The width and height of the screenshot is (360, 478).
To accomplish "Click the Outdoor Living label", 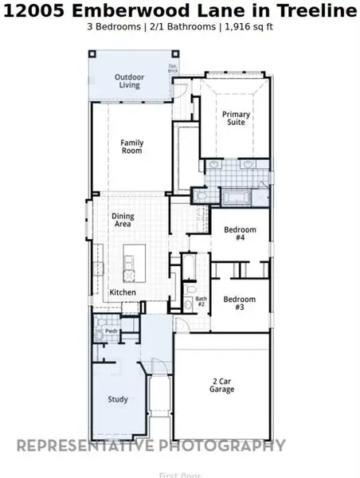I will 129,80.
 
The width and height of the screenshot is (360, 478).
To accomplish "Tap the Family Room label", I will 132,147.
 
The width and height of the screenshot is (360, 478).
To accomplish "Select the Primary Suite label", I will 236,119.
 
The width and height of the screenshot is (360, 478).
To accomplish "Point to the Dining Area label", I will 123,221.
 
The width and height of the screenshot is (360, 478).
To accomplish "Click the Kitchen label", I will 123,292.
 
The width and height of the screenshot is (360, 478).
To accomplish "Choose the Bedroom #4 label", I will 239,234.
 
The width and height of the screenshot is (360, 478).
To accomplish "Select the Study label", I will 118,400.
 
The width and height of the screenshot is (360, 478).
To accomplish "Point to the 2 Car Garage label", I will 222,386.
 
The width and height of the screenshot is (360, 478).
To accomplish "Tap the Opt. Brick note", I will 173,69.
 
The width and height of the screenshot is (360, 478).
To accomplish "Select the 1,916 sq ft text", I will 253,27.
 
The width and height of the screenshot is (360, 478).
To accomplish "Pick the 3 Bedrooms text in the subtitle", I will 115,27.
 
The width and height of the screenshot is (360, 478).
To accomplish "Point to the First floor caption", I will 178,475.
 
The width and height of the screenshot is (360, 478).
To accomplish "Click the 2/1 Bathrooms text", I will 186,27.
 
